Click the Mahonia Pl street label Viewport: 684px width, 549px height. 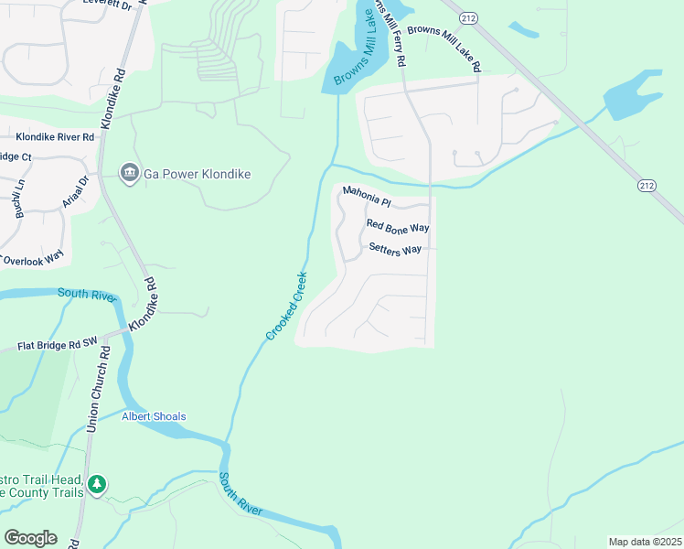[x=367, y=194]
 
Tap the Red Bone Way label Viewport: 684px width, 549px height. [x=398, y=225]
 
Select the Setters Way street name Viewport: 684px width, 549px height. [x=395, y=248]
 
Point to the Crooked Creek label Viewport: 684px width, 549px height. [x=286, y=306]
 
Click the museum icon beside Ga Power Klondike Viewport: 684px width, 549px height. [x=129, y=173]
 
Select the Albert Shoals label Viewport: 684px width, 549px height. [x=154, y=416]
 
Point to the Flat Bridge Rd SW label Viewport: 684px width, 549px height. [x=57, y=346]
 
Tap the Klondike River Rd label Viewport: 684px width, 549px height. [x=55, y=137]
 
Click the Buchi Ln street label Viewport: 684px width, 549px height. [x=17, y=199]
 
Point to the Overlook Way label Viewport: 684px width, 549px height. [x=35, y=260]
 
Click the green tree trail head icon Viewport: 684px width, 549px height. [x=98, y=483]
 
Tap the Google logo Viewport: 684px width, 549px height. [x=30, y=538]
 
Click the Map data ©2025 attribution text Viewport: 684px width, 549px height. [x=645, y=542]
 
